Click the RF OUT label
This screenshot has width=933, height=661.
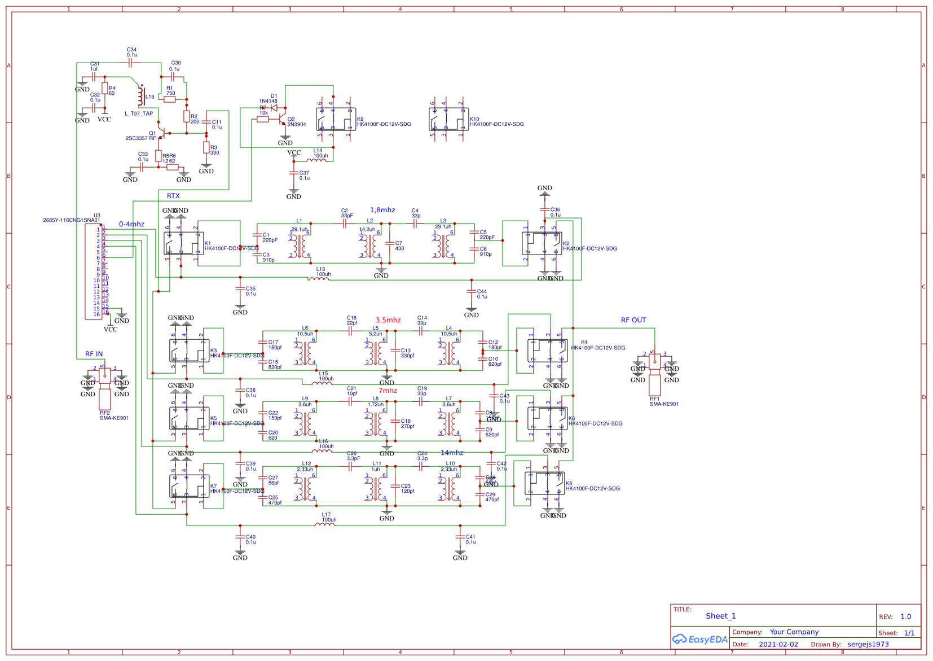633,320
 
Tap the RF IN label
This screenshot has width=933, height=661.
94,354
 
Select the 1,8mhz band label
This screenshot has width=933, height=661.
382,210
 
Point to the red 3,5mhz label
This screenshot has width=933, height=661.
388,320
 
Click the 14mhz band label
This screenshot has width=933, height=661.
452,453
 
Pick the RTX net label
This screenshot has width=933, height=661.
173,196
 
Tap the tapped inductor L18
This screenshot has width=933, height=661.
141,97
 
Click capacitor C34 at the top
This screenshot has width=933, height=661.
131,63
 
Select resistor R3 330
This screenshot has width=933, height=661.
206,148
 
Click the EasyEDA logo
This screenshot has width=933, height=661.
699,639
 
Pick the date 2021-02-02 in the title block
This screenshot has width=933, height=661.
778,644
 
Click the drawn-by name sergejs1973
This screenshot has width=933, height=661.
868,644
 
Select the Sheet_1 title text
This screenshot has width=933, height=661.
720,616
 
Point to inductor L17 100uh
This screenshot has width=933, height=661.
324,524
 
